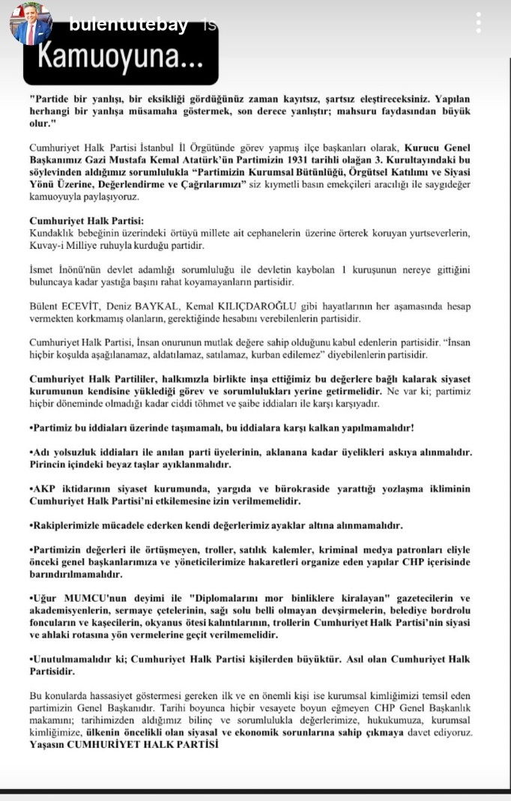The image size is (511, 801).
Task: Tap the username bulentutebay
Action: (x=128, y=25)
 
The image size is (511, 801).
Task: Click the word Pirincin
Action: (x=52, y=464)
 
